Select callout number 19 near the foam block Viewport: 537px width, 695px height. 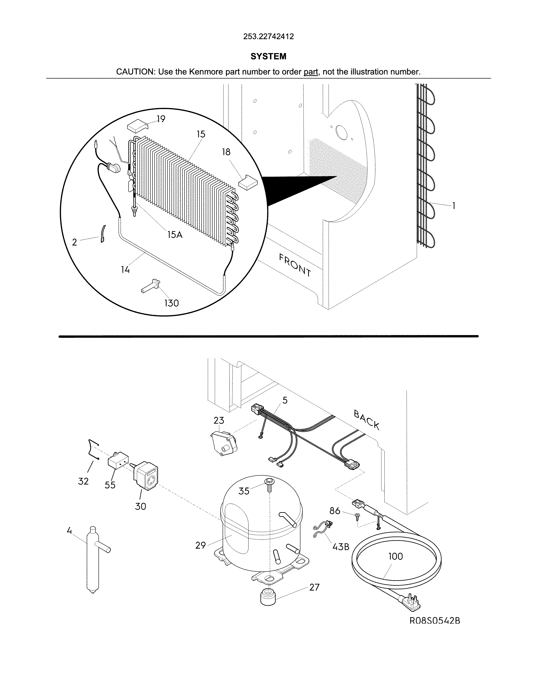click(x=161, y=119)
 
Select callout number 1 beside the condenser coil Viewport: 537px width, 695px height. click(x=454, y=206)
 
